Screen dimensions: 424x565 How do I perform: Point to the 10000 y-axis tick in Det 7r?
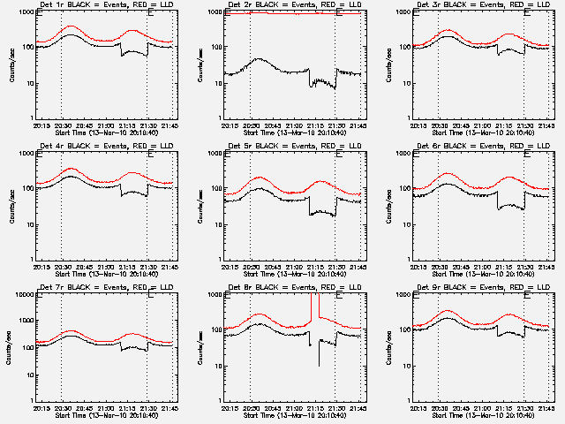(25, 294)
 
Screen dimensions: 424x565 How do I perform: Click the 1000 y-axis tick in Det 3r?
(404, 11)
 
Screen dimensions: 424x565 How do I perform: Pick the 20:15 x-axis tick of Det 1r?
(42, 125)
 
